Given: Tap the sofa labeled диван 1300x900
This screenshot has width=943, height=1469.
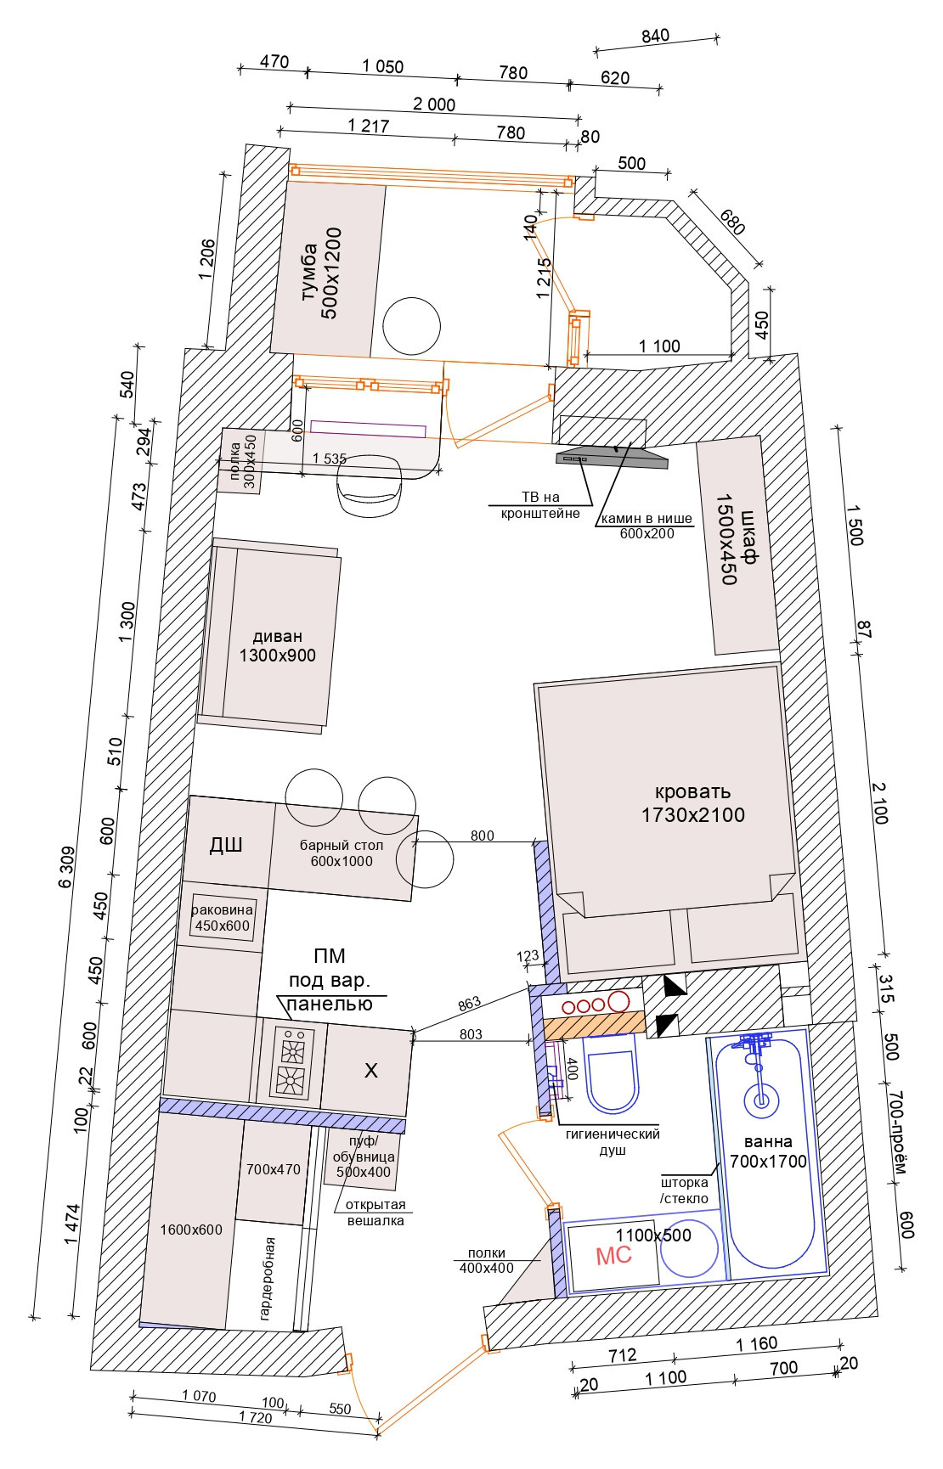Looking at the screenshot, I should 277,645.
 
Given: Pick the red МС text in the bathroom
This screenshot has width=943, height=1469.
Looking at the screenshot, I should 613,1255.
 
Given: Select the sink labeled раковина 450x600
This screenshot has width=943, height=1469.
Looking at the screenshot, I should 222,918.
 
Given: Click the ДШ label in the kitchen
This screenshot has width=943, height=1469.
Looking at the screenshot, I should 226,845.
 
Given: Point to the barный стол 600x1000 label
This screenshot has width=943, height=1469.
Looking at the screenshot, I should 342,853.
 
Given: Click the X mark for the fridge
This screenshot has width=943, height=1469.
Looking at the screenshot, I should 370,1071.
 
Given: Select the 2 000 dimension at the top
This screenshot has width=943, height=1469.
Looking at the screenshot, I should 433,104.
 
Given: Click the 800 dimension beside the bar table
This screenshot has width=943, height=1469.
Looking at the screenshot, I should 482,836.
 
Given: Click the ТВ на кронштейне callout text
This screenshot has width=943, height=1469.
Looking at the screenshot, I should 540,505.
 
